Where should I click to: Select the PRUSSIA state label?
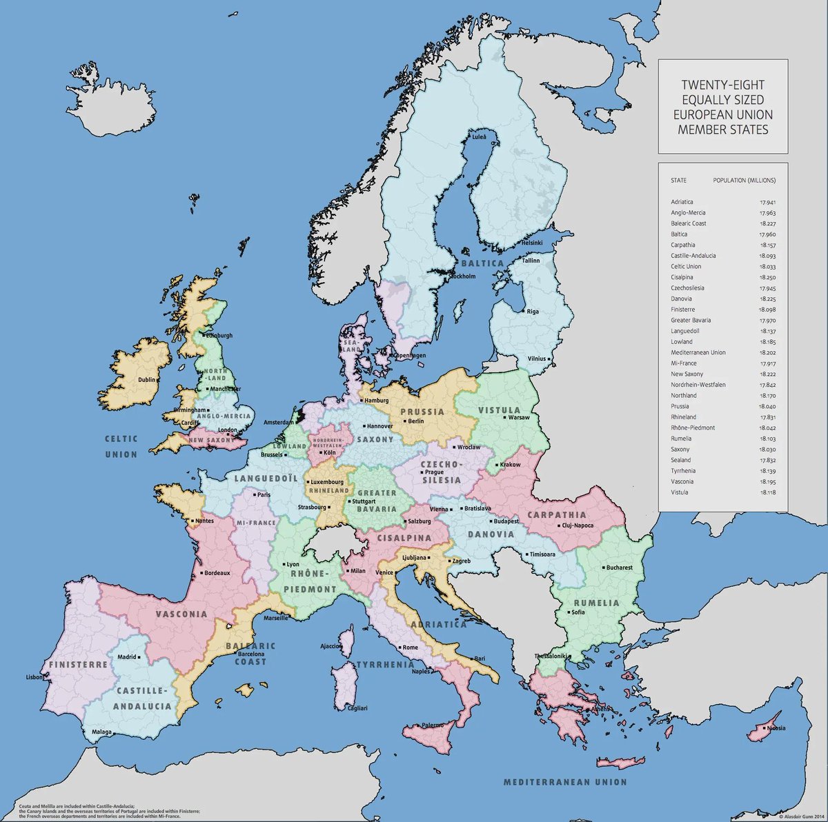click(422, 412)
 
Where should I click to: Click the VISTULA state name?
click(499, 410)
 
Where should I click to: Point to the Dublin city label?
click(146, 379)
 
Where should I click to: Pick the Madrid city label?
click(126, 657)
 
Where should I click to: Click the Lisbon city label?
click(34, 677)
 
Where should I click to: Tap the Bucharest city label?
click(619, 568)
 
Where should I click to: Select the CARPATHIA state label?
click(556, 514)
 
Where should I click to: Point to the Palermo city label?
click(433, 725)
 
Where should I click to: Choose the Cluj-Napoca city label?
click(578, 526)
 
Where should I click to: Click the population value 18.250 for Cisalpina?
click(767, 277)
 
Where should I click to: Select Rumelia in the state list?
click(681, 439)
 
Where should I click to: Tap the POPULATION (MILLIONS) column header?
click(744, 181)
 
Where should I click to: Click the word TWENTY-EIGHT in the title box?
click(722, 86)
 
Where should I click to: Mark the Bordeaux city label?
click(217, 573)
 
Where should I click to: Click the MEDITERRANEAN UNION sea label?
click(564, 782)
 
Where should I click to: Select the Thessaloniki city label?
click(551, 656)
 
